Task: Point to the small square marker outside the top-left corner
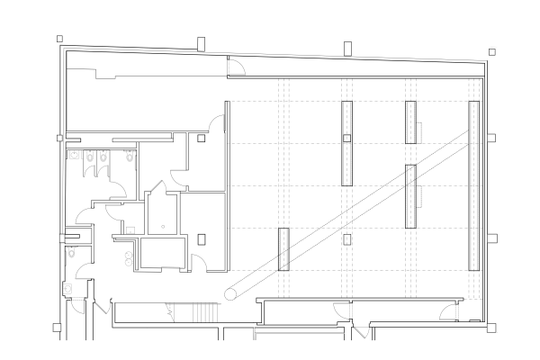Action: tap(59, 39)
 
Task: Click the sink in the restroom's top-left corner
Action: tap(72, 154)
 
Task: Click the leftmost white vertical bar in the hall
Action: tap(281, 247)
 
